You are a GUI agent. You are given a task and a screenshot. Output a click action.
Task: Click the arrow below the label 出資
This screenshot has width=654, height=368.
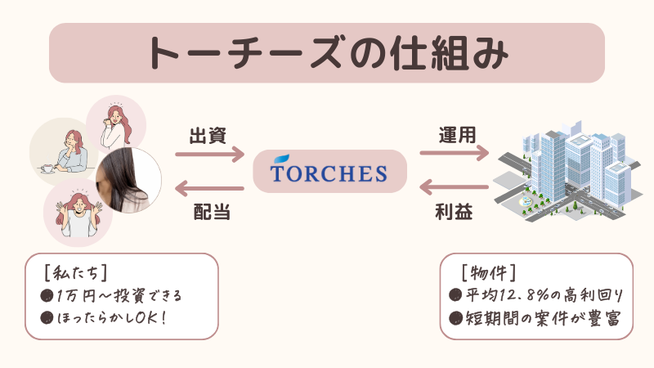point(210,152)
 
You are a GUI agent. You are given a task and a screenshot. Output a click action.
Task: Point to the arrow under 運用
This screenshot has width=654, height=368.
point(455,152)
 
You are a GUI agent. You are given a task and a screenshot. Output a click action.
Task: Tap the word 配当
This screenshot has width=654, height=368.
point(210,213)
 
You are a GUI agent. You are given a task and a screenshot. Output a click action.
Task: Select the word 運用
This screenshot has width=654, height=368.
point(456,133)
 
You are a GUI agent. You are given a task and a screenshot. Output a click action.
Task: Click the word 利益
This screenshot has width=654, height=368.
point(455,213)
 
